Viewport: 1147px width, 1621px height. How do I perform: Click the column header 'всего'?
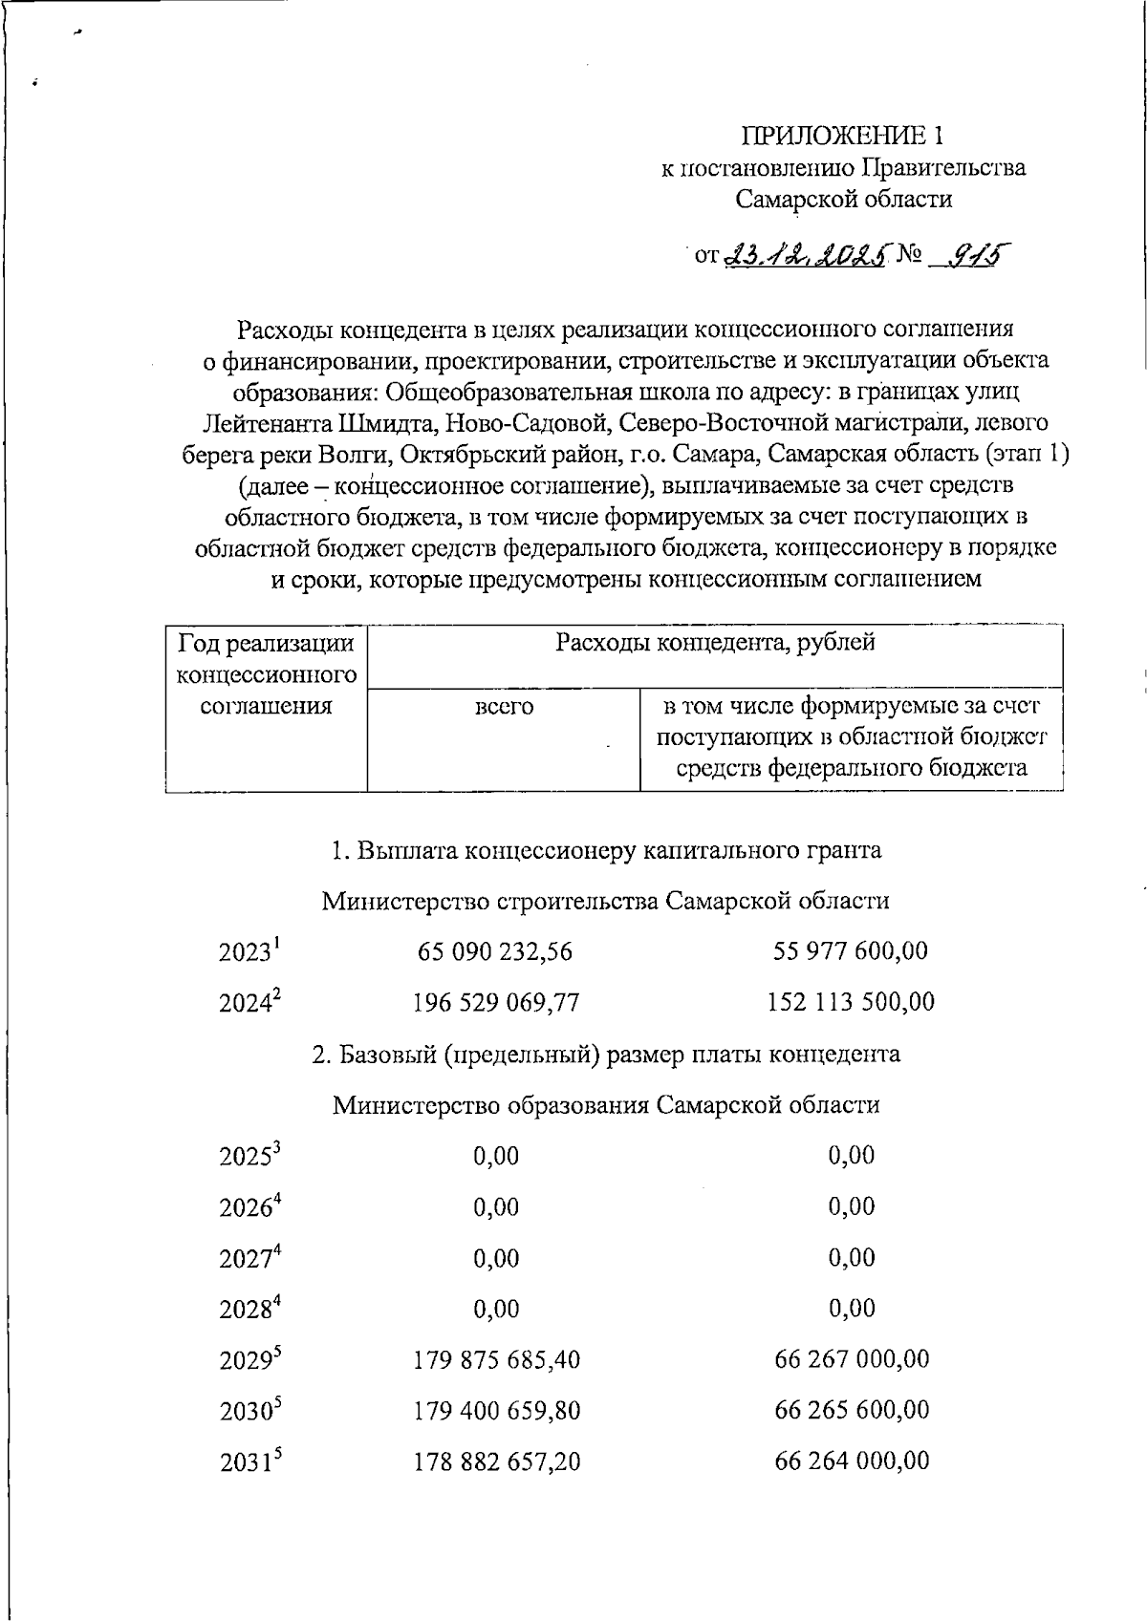tap(504, 708)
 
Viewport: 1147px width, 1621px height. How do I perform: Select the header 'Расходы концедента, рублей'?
tap(715, 643)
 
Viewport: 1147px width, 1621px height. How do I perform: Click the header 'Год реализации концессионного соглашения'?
tap(266, 674)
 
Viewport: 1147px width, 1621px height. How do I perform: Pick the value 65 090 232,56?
tap(495, 951)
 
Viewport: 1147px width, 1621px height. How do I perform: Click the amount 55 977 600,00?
tap(850, 951)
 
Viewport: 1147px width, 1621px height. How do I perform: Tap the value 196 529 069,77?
tap(496, 1003)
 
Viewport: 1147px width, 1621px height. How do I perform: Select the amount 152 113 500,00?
tap(851, 1003)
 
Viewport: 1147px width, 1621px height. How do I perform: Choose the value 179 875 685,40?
tap(496, 1359)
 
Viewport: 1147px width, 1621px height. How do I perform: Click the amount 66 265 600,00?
tap(851, 1411)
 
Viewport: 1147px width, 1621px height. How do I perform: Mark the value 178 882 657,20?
tap(496, 1462)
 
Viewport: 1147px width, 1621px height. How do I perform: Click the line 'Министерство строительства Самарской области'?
tap(605, 901)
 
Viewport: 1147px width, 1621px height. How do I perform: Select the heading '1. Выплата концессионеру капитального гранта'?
tap(606, 850)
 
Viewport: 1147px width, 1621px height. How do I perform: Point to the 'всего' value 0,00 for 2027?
tap(496, 1258)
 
